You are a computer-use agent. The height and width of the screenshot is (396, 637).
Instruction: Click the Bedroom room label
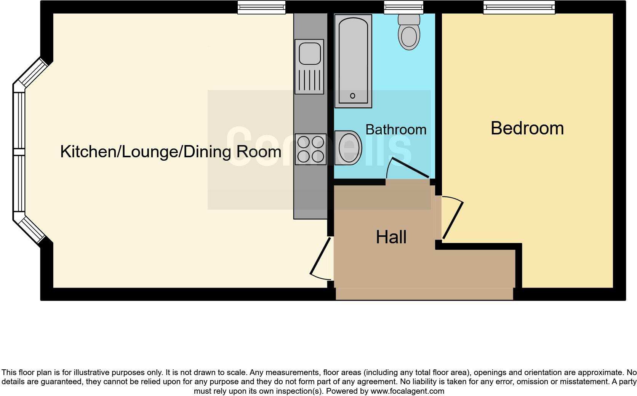coord(527,128)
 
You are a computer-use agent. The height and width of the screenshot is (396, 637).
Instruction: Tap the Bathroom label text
coord(396,130)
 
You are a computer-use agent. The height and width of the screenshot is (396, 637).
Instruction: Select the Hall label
coord(391,237)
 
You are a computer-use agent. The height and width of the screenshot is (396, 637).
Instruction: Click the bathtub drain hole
coord(352,96)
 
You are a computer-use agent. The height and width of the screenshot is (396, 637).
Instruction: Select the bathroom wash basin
coord(348,148)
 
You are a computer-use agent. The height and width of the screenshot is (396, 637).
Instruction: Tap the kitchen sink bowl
coord(309,53)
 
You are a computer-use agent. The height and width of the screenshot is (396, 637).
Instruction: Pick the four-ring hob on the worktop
coord(310,149)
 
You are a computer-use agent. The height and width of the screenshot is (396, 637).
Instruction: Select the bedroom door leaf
coord(453,220)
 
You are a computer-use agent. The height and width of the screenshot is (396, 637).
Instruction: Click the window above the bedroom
coord(519,7)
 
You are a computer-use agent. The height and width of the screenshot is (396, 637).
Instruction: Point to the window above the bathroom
coord(403,7)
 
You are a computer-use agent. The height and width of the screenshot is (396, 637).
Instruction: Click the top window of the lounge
coord(261,7)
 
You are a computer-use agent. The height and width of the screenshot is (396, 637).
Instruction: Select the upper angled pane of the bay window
coord(33,73)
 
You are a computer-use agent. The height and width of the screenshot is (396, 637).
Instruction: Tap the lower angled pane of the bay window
coord(33,230)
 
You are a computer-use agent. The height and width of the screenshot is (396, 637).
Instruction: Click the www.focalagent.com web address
coord(407,391)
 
